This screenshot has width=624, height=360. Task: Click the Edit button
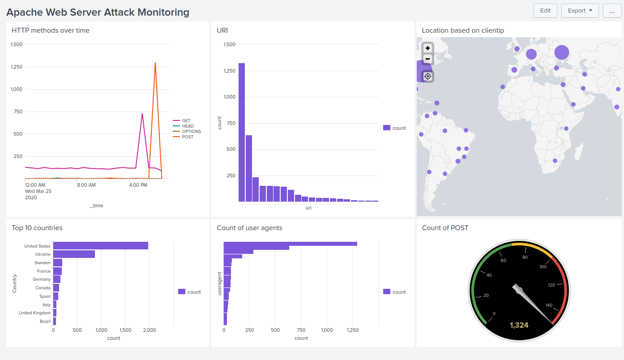(545, 11)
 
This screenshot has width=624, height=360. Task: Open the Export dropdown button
(580, 11)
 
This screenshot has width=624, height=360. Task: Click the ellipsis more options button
(612, 11)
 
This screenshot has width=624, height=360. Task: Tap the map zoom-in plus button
(427, 48)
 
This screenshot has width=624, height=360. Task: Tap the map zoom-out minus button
(427, 59)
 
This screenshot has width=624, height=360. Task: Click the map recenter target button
(427, 76)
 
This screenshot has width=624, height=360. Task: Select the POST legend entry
(187, 137)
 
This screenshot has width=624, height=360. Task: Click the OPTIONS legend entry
(191, 132)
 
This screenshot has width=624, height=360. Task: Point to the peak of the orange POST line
(155, 63)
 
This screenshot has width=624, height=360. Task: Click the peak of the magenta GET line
(142, 114)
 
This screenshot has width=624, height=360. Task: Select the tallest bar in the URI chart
(242, 132)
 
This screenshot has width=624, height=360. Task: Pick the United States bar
(101, 246)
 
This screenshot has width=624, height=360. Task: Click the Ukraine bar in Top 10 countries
(74, 254)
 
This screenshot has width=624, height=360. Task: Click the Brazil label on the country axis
(45, 321)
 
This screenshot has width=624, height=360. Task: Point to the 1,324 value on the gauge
(519, 325)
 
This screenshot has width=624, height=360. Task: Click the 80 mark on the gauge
(525, 257)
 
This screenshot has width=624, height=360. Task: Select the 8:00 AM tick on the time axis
(86, 185)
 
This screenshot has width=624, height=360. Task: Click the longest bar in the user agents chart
(290, 244)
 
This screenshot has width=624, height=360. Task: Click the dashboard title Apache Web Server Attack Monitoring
(98, 12)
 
